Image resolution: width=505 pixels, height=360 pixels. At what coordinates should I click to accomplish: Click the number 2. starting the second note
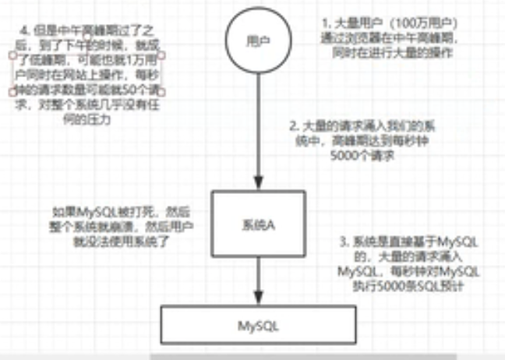tap(291, 125)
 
